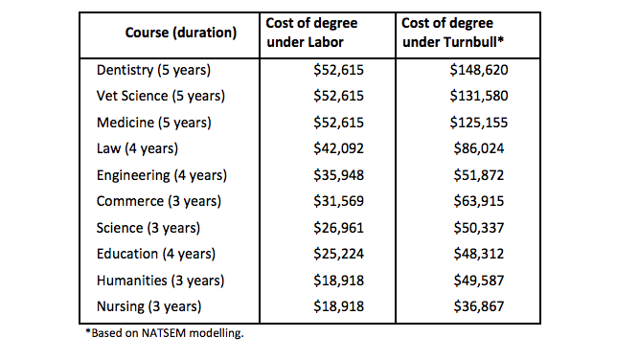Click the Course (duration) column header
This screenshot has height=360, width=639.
click(180, 33)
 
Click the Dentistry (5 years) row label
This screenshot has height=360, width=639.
click(153, 71)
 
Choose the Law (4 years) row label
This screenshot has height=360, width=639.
click(137, 148)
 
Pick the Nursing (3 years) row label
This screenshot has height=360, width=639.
click(150, 305)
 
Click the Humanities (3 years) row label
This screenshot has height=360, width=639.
click(160, 280)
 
